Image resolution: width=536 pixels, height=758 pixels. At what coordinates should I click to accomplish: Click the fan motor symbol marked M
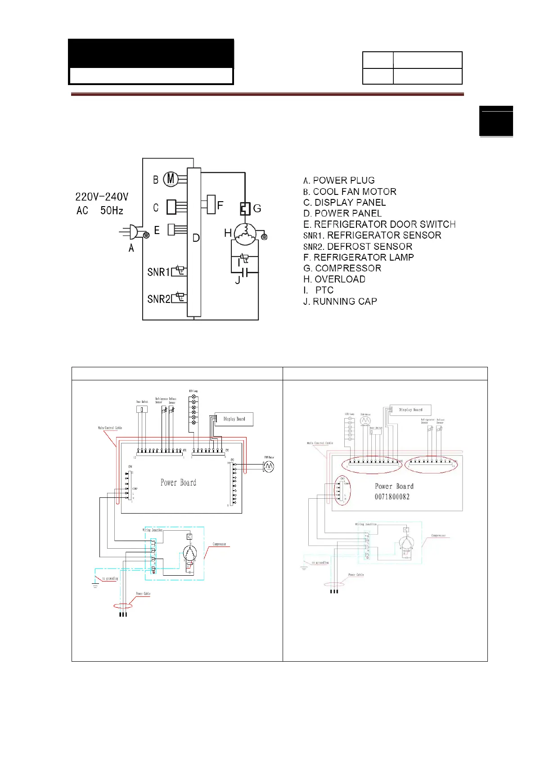(x=171, y=179)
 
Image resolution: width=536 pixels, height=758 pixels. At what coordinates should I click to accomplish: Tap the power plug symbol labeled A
(x=133, y=232)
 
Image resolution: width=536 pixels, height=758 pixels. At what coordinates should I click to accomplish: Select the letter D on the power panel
(x=196, y=238)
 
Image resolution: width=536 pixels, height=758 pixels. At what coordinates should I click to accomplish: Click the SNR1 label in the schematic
(x=158, y=272)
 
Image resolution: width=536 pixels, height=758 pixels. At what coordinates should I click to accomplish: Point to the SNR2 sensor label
(x=158, y=299)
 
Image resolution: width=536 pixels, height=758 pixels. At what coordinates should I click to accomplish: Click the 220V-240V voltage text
(x=102, y=197)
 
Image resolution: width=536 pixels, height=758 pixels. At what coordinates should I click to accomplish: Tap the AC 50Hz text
(x=99, y=210)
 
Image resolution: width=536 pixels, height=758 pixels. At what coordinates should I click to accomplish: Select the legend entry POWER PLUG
(x=339, y=180)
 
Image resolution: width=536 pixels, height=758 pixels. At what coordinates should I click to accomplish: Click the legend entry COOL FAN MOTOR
(x=350, y=192)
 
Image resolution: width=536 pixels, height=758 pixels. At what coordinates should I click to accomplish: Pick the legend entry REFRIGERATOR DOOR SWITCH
(x=379, y=224)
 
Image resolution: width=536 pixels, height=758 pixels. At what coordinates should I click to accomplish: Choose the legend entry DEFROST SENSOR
(x=358, y=246)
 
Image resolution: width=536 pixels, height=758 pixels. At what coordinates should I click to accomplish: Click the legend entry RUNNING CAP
(x=340, y=301)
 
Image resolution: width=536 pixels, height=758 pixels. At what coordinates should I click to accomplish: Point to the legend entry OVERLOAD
(x=334, y=279)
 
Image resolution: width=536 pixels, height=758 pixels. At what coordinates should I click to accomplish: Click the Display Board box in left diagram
(x=234, y=419)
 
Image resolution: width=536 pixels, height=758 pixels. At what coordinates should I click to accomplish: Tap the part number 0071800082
(x=392, y=496)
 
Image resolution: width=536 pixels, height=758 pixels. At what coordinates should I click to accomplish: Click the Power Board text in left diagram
(x=178, y=483)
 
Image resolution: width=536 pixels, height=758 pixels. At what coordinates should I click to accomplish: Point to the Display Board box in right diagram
(x=410, y=410)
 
